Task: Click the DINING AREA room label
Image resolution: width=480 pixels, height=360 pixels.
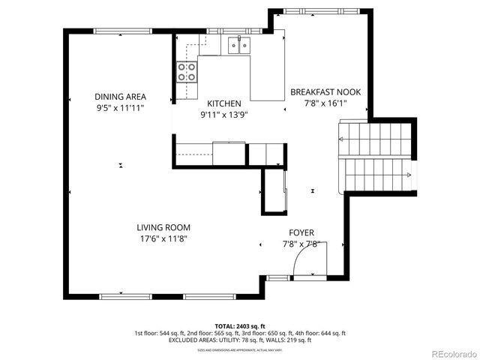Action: [x=120, y=96]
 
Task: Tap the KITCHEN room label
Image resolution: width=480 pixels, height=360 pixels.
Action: [x=224, y=103]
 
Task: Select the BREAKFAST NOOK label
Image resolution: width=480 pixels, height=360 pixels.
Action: [x=325, y=92]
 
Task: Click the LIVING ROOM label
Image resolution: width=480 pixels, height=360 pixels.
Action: [x=163, y=227]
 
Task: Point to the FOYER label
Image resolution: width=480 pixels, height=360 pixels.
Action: [x=301, y=232]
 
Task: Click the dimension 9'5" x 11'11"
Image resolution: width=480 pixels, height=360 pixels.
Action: [x=120, y=108]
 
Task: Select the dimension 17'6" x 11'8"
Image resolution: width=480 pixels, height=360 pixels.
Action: [x=163, y=238]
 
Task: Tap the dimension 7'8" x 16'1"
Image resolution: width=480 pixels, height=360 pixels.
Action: [x=325, y=103]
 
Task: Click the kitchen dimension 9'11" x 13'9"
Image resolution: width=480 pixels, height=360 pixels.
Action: [x=224, y=115]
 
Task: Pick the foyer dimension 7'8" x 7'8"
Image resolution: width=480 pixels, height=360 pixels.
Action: [x=301, y=244]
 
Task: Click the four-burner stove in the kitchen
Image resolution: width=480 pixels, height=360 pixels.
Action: [x=187, y=71]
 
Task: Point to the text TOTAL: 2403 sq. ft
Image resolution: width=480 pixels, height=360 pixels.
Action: [x=240, y=326]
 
